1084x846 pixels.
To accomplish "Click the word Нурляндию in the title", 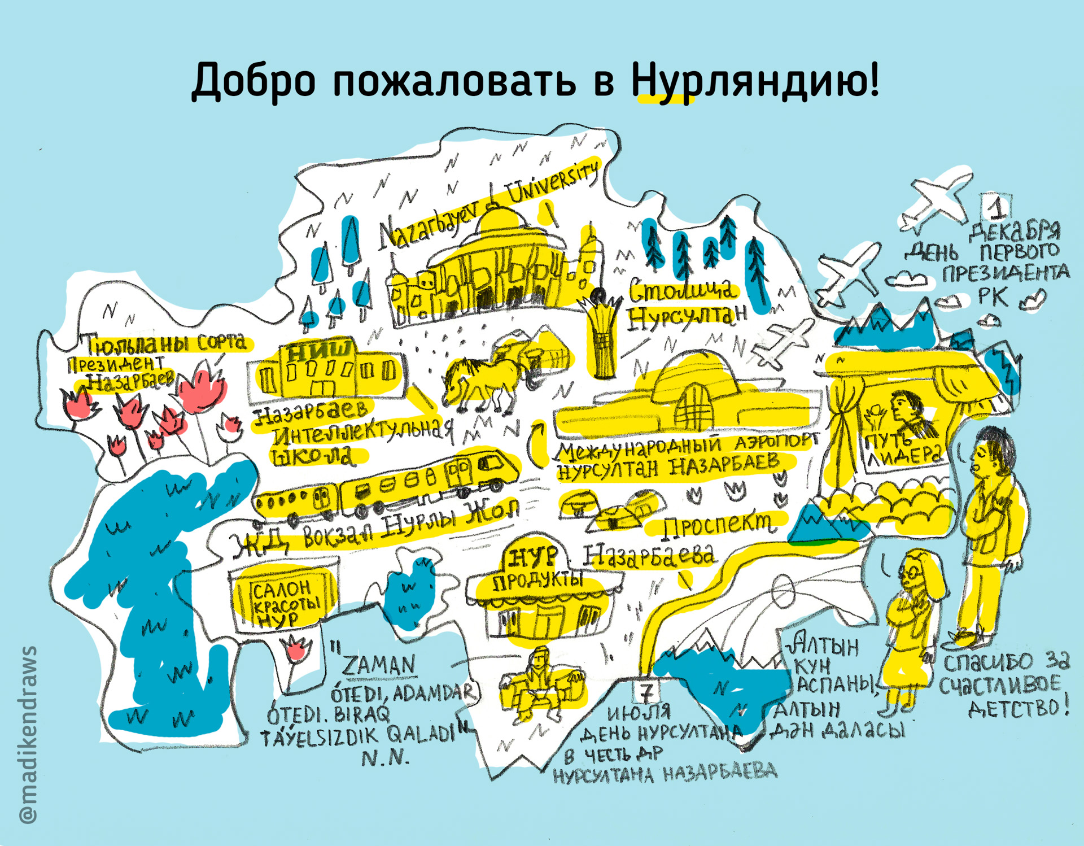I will (754, 81).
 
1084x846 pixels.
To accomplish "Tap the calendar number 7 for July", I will (648, 691).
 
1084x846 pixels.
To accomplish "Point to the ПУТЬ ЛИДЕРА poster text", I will (903, 449).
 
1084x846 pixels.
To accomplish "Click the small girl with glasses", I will (910, 621).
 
